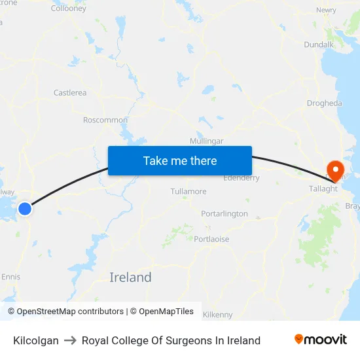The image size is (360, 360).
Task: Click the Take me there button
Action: [180, 161]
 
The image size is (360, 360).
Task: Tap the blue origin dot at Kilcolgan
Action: [24, 209]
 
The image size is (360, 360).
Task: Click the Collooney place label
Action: [69, 9]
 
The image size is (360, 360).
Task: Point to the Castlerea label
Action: [70, 93]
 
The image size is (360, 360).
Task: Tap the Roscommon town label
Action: [105, 120]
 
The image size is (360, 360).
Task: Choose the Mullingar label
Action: [206, 141]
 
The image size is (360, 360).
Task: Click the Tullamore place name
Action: [189, 192]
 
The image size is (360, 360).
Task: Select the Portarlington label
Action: [225, 214]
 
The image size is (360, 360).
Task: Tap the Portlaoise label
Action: [211, 239]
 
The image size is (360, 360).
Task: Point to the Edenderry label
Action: [242, 178]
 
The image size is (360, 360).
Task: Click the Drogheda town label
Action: [324, 103]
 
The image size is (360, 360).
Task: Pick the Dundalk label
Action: [319, 45]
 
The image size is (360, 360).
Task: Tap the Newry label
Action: [326, 10]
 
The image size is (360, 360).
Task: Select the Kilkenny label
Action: [218, 315]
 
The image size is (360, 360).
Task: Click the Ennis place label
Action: [10, 277]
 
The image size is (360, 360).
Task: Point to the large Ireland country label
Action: [130, 278]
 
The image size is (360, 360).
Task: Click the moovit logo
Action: [321, 340]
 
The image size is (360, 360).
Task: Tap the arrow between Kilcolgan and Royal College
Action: [70, 340]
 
